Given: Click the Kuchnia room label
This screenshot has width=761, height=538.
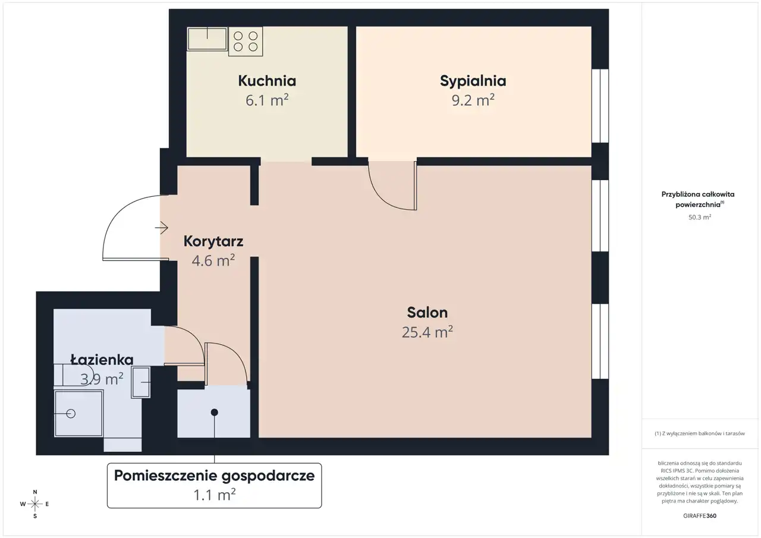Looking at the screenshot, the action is pyautogui.click(x=267, y=81).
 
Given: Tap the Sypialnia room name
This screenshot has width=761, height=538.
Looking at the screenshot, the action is pyautogui.click(x=473, y=81).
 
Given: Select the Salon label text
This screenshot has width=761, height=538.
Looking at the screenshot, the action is pyautogui.click(x=427, y=313).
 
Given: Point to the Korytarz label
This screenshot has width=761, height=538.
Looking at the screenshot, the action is pyautogui.click(x=213, y=241).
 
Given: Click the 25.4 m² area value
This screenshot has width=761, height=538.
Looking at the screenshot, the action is pyautogui.click(x=427, y=332).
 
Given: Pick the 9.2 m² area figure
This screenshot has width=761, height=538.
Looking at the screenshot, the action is pyautogui.click(x=473, y=100).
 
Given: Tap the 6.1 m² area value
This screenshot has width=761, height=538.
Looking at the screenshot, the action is pyautogui.click(x=267, y=100).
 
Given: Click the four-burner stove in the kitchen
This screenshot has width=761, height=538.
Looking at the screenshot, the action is pyautogui.click(x=246, y=42).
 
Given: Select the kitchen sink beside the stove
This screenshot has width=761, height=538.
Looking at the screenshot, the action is pyautogui.click(x=207, y=39).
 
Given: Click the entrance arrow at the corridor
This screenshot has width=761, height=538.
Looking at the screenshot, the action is pyautogui.click(x=162, y=228).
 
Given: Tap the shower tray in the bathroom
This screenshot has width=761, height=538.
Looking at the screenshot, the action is pyautogui.click(x=79, y=413).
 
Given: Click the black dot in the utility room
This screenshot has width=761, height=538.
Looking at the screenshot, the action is pyautogui.click(x=215, y=413).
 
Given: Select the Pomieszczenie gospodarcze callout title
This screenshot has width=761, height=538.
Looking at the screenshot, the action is pyautogui.click(x=215, y=476).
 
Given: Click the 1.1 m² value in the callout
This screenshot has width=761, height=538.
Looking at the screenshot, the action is pyautogui.click(x=215, y=495).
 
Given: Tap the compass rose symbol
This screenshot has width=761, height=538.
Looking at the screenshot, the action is pyautogui.click(x=35, y=504).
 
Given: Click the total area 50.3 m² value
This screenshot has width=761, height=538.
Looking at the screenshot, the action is pyautogui.click(x=700, y=217).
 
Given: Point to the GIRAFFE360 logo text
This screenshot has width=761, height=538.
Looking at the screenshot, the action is pyautogui.click(x=700, y=515).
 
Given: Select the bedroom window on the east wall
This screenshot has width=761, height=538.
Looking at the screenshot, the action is pyautogui.click(x=600, y=106).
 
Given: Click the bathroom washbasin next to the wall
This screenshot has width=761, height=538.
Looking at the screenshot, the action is pyautogui.click(x=141, y=382).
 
